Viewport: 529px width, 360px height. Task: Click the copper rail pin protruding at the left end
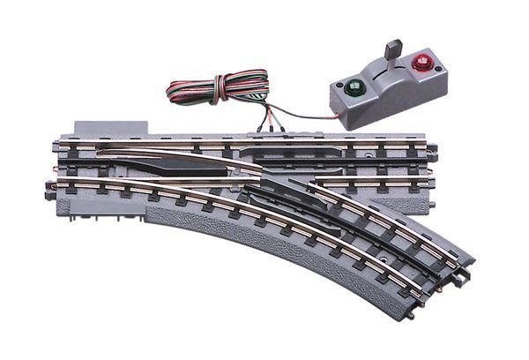point(54,164)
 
